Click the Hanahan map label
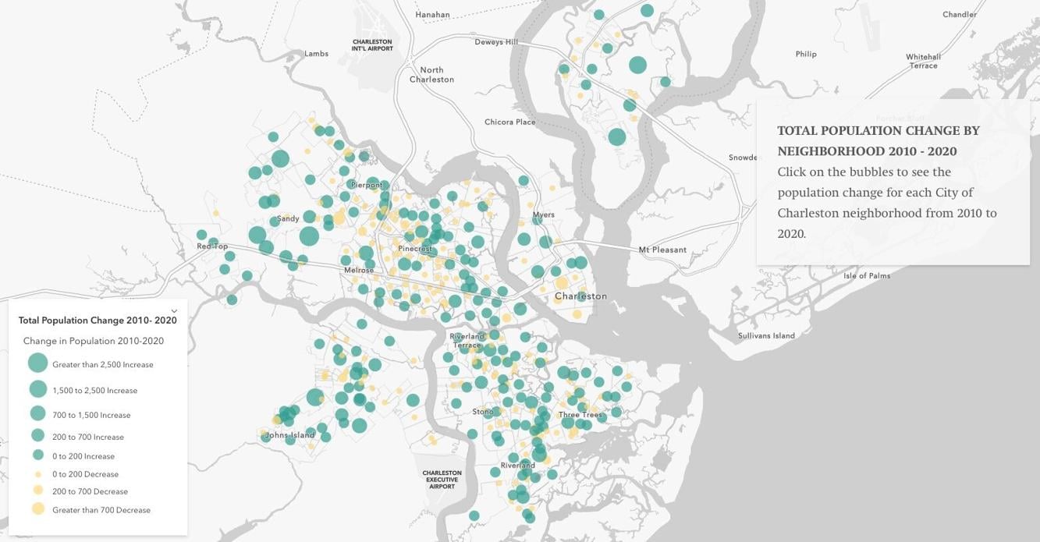[x=432, y=15]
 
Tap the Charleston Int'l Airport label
[x=372, y=45]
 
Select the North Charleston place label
[x=431, y=75]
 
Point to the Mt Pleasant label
[x=662, y=250]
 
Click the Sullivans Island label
[x=766, y=336]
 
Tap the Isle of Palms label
[x=866, y=276]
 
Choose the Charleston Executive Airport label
[x=442, y=480]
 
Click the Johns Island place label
[x=290, y=435]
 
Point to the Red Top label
[x=212, y=246]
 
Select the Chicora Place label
[x=509, y=122]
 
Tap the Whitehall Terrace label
[x=923, y=61]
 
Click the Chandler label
[x=959, y=15]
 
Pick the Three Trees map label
[x=580, y=415]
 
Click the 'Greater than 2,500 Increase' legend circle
[x=37, y=363]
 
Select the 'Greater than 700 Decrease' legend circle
[x=37, y=509]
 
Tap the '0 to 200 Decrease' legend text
[x=85, y=474]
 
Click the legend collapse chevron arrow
[x=174, y=311]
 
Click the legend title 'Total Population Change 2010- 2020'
[x=98, y=321]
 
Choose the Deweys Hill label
[x=496, y=42]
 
